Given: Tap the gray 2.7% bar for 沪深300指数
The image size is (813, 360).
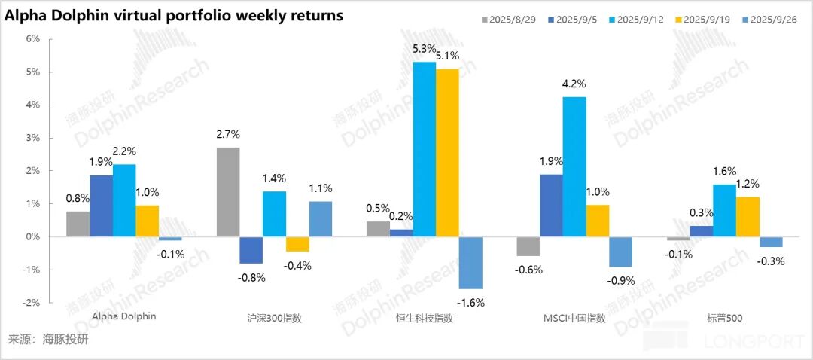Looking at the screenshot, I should [x=228, y=192].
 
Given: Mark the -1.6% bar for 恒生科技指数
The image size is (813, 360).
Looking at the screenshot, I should [x=470, y=263].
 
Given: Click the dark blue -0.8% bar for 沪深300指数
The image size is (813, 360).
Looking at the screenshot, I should [x=251, y=250].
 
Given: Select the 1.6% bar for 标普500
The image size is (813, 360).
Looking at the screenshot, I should [x=724, y=210].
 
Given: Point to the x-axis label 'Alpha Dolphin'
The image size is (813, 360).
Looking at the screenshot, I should [x=123, y=316].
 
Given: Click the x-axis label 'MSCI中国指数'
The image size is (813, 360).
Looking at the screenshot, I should [x=574, y=318].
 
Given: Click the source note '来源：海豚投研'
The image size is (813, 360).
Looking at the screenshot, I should [x=48, y=340].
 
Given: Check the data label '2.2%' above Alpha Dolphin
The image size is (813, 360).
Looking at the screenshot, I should [x=123, y=151].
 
